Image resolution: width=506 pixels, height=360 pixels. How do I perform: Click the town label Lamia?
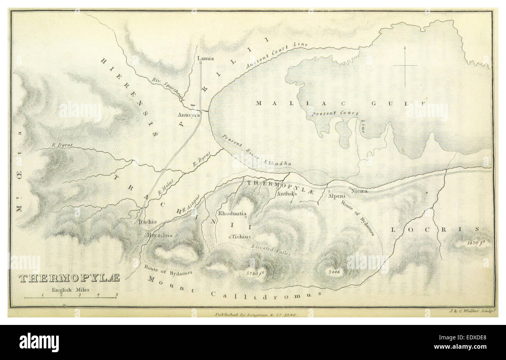pyautogui.click(x=206, y=58)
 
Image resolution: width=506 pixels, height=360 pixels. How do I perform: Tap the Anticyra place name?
pyautogui.click(x=189, y=115)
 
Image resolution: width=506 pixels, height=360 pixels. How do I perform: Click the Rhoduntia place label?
pyautogui.click(x=232, y=214)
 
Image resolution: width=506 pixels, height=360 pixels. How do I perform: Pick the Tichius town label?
pyautogui.click(x=241, y=236)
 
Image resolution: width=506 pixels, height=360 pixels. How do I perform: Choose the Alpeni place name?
pyautogui.click(x=336, y=196)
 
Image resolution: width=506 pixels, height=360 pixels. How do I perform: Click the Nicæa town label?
pyautogui.click(x=359, y=191)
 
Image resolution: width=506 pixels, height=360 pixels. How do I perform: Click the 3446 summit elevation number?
pyautogui.click(x=334, y=272)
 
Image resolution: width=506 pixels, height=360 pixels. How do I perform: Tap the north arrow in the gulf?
pyautogui.click(x=405, y=66)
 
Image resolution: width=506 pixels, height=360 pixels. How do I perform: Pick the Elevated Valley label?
pyautogui.click(x=271, y=250)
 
